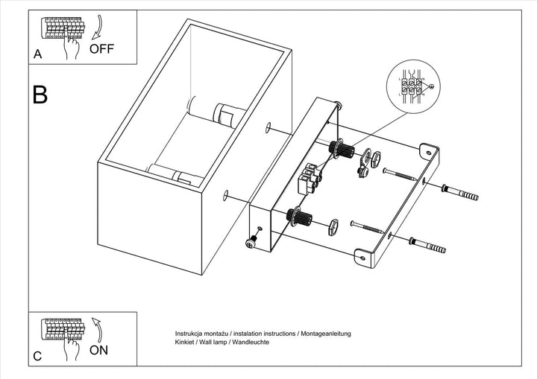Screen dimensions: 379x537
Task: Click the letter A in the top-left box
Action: coord(37,54)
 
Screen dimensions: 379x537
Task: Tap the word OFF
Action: coord(103,50)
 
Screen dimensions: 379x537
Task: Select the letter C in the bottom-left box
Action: coord(37,356)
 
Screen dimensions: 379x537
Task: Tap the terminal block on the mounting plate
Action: coord(308,179)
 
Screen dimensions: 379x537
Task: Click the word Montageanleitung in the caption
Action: coord(324,334)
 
